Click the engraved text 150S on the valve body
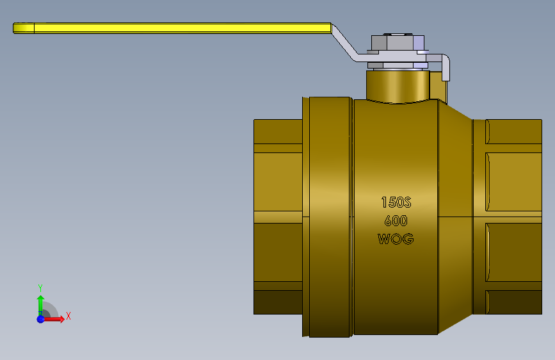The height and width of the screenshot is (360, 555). pyautogui.click(x=396, y=202)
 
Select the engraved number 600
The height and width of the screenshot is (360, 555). pyautogui.click(x=396, y=221)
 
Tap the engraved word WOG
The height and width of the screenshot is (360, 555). pyautogui.click(x=396, y=239)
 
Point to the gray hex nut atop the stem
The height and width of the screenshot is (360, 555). pyautogui.click(x=398, y=42)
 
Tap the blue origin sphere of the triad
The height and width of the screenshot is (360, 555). pyautogui.click(x=41, y=319)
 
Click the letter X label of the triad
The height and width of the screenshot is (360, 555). pyautogui.click(x=68, y=316)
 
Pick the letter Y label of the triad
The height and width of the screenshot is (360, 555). pyautogui.click(x=40, y=288)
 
